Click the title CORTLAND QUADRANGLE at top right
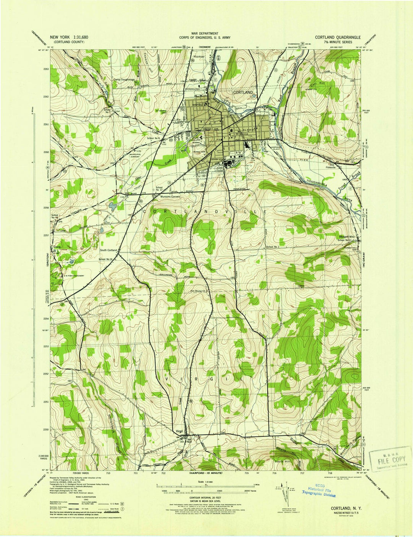pos(338,37)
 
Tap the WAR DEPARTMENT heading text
pos(205,34)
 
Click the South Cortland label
pos(108,250)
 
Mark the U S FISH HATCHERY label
pos(71,275)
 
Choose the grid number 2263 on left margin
pos(46,69)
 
